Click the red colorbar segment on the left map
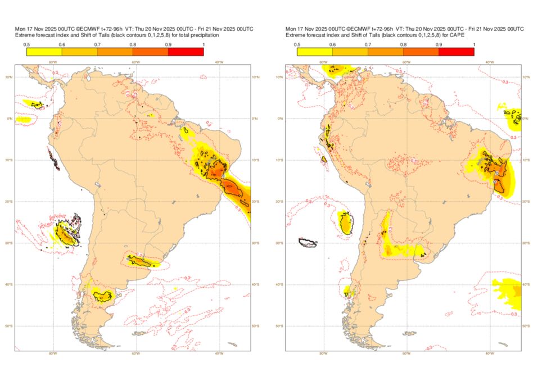pyautogui.click(x=186, y=52)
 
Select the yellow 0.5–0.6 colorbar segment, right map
pyautogui.click(x=314, y=52)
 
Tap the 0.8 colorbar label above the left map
pyautogui.click(x=133, y=44)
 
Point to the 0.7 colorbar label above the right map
pyautogui.click(x=368, y=44)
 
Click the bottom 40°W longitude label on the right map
pyautogui.click(x=489, y=353)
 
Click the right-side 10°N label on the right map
pyautogui.click(x=525, y=77)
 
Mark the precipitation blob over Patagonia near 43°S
pyautogui.click(x=103, y=295)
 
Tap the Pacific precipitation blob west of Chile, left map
pyautogui.click(x=67, y=231)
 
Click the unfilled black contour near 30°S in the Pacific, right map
pyautogui.click(x=308, y=242)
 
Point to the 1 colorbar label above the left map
pyautogui.click(x=203, y=44)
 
